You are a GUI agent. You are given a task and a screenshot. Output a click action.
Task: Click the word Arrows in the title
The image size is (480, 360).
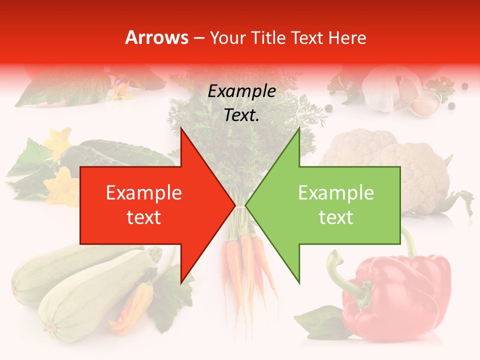157,37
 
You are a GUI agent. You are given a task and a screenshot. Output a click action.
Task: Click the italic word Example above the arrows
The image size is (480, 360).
241,91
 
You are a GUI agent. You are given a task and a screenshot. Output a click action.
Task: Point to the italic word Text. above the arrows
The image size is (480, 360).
241,115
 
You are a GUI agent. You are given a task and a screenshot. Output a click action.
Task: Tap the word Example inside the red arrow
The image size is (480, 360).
144,193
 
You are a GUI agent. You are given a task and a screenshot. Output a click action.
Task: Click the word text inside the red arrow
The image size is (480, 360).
144,217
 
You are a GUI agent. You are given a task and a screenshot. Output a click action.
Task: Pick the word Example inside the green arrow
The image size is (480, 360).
336,193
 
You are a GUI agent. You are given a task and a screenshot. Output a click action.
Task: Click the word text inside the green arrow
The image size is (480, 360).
336,217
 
